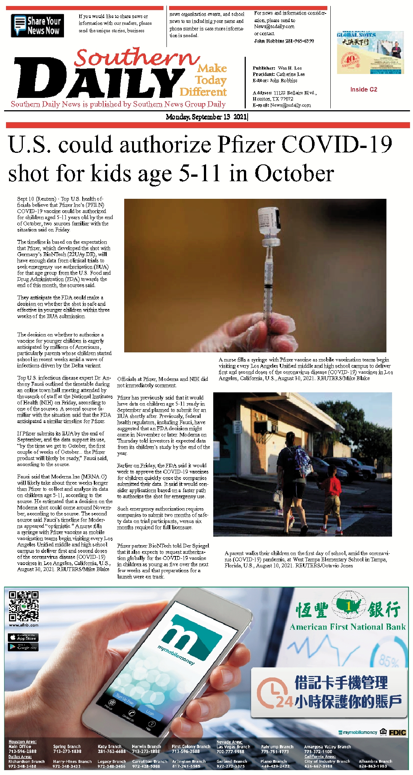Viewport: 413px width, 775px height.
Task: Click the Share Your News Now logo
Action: (x=37, y=25)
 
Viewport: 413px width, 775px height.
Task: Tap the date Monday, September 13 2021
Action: (x=206, y=117)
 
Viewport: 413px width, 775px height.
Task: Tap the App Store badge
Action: (x=23, y=637)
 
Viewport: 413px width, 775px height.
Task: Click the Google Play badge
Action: (x=23, y=647)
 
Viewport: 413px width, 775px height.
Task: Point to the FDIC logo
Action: (x=397, y=732)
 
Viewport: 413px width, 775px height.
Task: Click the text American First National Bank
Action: (x=348, y=627)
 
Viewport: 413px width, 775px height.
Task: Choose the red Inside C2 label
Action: (x=364, y=89)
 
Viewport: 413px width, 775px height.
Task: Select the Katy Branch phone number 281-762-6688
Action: (x=111, y=751)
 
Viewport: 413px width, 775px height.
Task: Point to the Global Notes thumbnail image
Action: (x=370, y=52)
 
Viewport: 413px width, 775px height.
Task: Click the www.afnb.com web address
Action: (x=24, y=625)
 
